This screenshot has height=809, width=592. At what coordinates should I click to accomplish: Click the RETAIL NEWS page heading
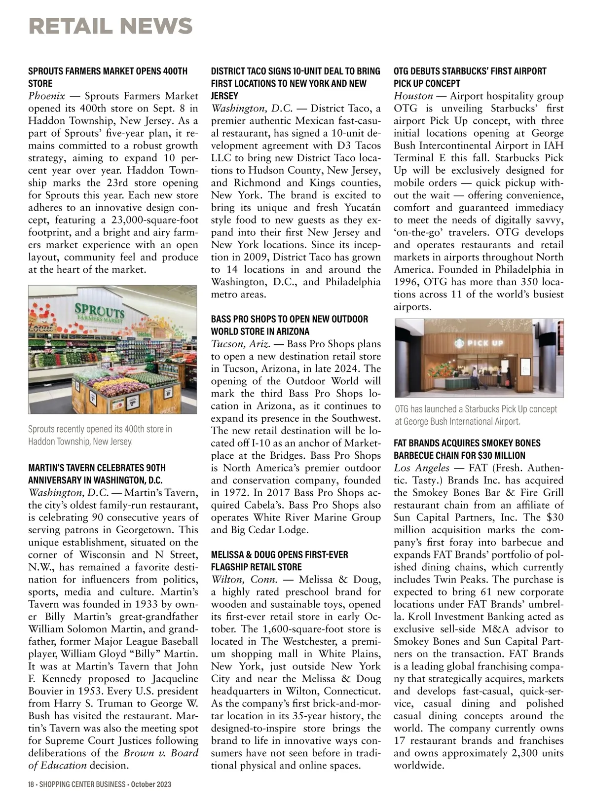click(x=111, y=26)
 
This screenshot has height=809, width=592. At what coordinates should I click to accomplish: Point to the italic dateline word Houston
click(x=413, y=96)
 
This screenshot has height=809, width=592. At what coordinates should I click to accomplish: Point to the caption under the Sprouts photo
click(x=100, y=435)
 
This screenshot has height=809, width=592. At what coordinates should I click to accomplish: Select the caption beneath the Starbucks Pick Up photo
click(x=476, y=415)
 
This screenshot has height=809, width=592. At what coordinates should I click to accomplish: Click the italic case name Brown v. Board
click(x=161, y=753)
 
